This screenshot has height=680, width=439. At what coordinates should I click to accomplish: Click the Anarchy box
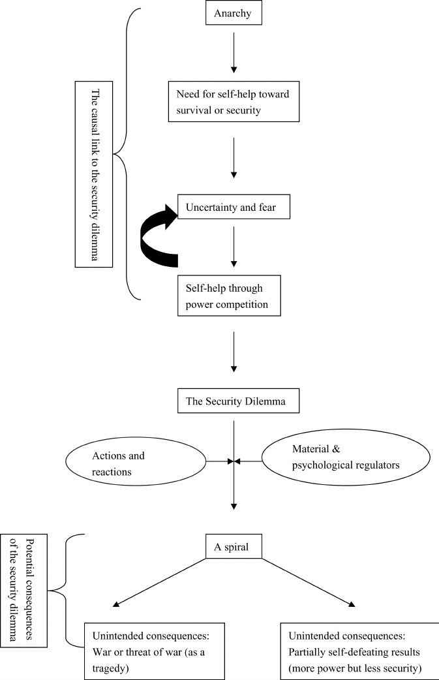(x=234, y=13)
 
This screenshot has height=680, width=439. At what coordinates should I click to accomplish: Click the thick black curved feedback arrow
(x=157, y=235)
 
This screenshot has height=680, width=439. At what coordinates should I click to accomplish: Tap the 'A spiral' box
(x=234, y=547)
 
